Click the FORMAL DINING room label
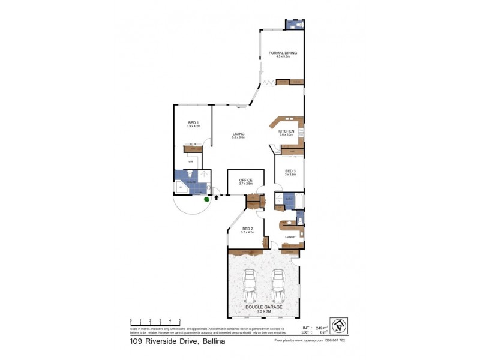pos(283,53)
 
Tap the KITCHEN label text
pos(286,131)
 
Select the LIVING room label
pos(239,134)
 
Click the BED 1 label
pos(193,123)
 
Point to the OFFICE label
pos(245,180)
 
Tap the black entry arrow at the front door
pos(217,196)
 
